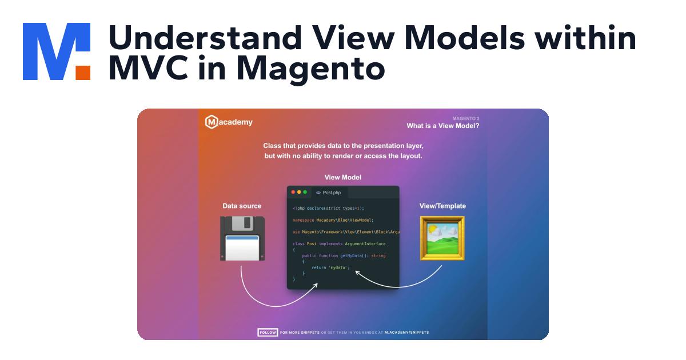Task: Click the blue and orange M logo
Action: (x=57, y=51)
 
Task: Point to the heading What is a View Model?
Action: (x=442, y=126)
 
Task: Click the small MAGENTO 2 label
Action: (x=465, y=118)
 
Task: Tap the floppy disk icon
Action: (x=242, y=238)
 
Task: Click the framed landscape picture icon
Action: (x=442, y=238)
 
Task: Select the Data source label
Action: (x=242, y=206)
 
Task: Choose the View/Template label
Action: (x=442, y=206)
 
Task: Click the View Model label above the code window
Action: (x=343, y=177)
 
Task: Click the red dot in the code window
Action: (x=293, y=193)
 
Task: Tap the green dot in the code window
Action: (x=305, y=193)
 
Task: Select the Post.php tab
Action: (x=329, y=193)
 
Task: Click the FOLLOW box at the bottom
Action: (x=268, y=332)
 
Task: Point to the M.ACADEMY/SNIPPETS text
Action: (x=406, y=332)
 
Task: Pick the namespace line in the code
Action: (x=333, y=220)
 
